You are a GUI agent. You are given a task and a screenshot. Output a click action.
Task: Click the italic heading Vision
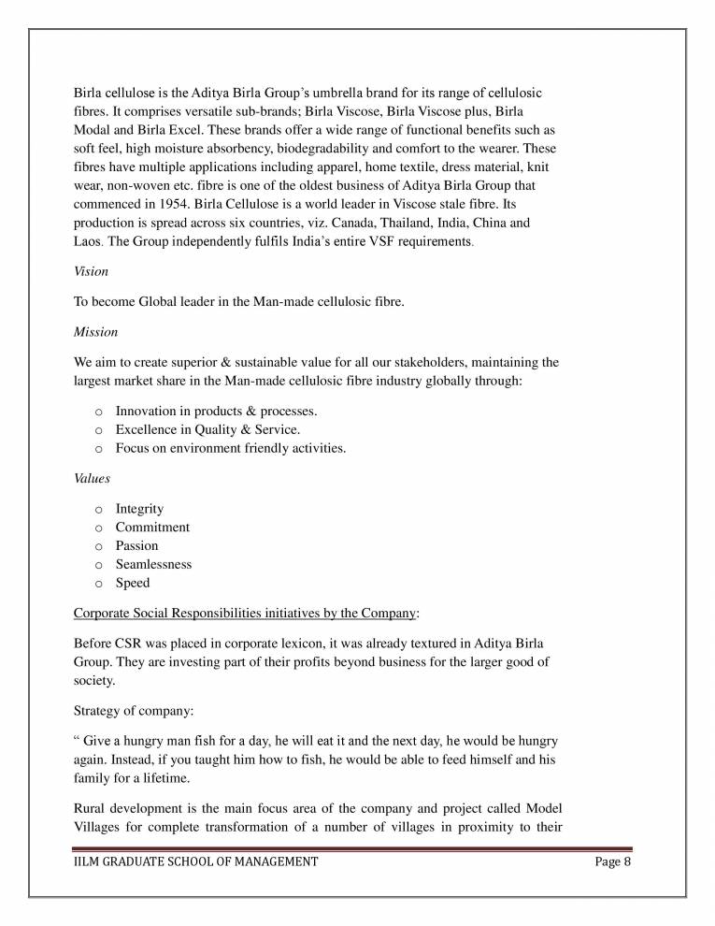click(91, 271)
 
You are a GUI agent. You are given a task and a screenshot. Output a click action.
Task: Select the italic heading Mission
click(95, 331)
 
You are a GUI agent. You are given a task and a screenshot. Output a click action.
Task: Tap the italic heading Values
click(92, 478)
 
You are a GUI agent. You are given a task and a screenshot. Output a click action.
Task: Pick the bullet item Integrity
click(139, 509)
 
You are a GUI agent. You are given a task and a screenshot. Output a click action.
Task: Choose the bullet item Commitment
click(152, 528)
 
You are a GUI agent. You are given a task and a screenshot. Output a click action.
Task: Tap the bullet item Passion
click(136, 545)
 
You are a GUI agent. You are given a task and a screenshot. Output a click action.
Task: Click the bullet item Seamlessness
click(153, 564)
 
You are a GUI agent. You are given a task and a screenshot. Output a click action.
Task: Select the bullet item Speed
click(132, 583)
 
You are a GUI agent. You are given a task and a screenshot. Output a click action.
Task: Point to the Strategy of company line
click(133, 710)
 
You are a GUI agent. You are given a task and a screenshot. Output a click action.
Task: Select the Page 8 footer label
click(613, 861)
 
